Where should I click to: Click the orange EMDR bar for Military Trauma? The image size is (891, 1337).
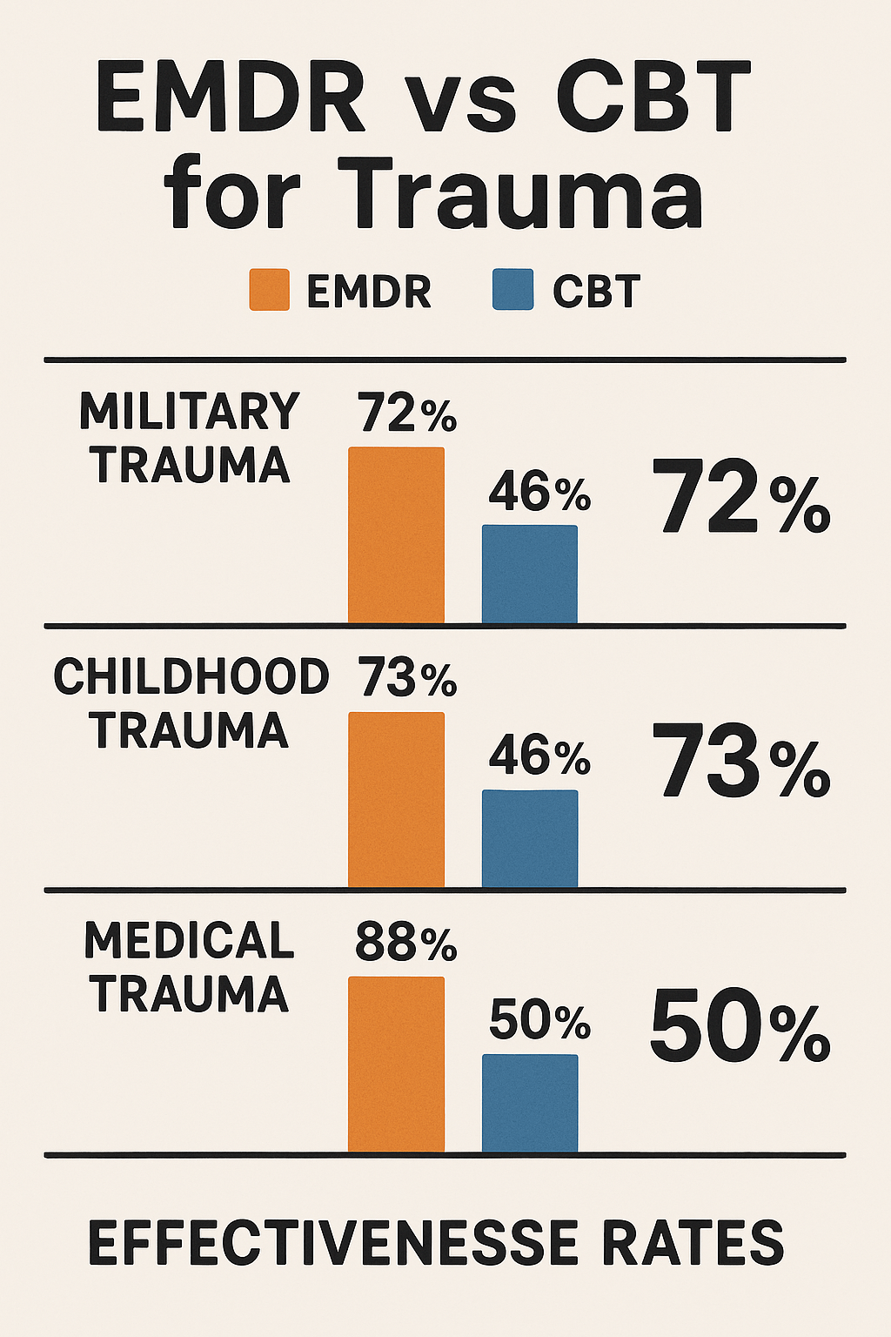[396, 535]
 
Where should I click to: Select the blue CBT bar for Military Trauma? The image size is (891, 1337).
[530, 574]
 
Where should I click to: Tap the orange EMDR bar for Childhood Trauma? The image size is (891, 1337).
[396, 801]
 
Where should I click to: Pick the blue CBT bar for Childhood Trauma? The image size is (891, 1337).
[530, 839]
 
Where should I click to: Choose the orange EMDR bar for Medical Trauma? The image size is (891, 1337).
[396, 1065]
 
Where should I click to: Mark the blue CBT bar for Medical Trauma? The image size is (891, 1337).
[530, 1104]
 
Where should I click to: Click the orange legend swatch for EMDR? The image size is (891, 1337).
[270, 290]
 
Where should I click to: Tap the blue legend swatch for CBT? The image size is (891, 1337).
[513, 290]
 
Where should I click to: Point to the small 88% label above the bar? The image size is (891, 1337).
[405, 943]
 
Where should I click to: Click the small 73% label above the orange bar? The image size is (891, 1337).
[407, 677]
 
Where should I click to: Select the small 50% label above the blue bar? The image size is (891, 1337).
[540, 1022]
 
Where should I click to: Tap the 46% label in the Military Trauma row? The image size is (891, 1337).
[540, 492]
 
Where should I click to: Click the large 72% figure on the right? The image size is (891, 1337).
[740, 495]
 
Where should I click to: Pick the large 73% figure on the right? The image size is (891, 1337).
[740, 761]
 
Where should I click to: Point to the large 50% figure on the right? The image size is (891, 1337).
[740, 1025]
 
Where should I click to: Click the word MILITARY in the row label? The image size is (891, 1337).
[189, 411]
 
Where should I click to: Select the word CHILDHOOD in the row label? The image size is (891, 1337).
[191, 676]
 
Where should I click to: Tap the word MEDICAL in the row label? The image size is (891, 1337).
[189, 941]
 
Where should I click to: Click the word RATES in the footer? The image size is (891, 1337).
[693, 1243]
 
